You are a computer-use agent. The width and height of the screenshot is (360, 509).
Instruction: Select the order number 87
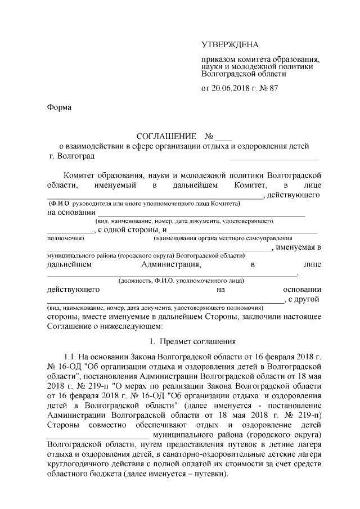point(273,88)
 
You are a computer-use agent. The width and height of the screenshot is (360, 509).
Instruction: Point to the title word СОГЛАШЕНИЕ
point(167,137)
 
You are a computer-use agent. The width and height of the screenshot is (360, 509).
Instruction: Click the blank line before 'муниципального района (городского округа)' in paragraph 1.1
point(97,436)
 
